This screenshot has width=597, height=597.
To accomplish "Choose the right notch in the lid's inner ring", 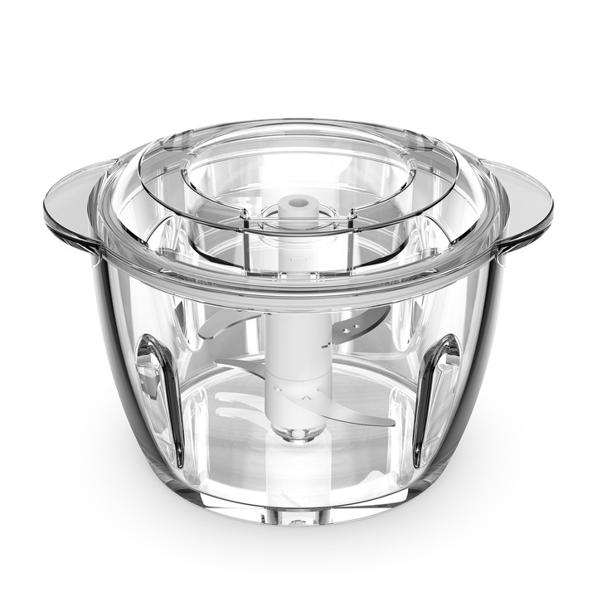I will point(352,217).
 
